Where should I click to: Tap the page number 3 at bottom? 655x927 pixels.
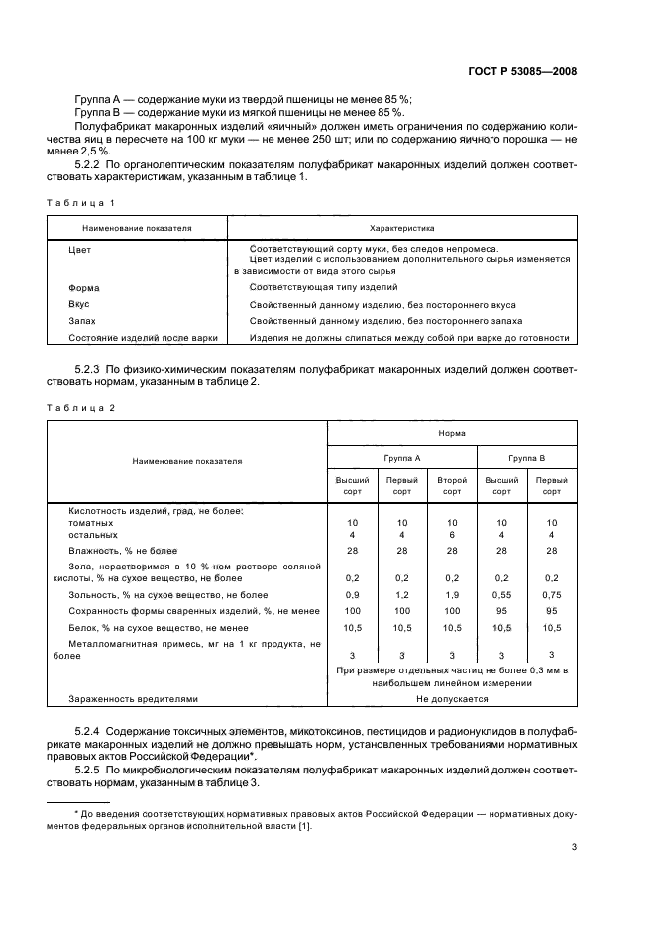pyautogui.click(x=574, y=846)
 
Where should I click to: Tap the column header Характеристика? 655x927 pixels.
pyautogui.click(x=401, y=228)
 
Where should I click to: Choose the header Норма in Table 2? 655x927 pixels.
pyautogui.click(x=452, y=433)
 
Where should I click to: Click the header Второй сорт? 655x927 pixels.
pyautogui.click(x=452, y=485)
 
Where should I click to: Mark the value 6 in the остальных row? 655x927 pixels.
pyautogui.click(x=452, y=534)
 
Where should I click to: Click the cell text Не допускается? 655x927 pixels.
pyautogui.click(x=452, y=698)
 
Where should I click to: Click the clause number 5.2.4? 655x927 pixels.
pyautogui.click(x=90, y=730)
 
